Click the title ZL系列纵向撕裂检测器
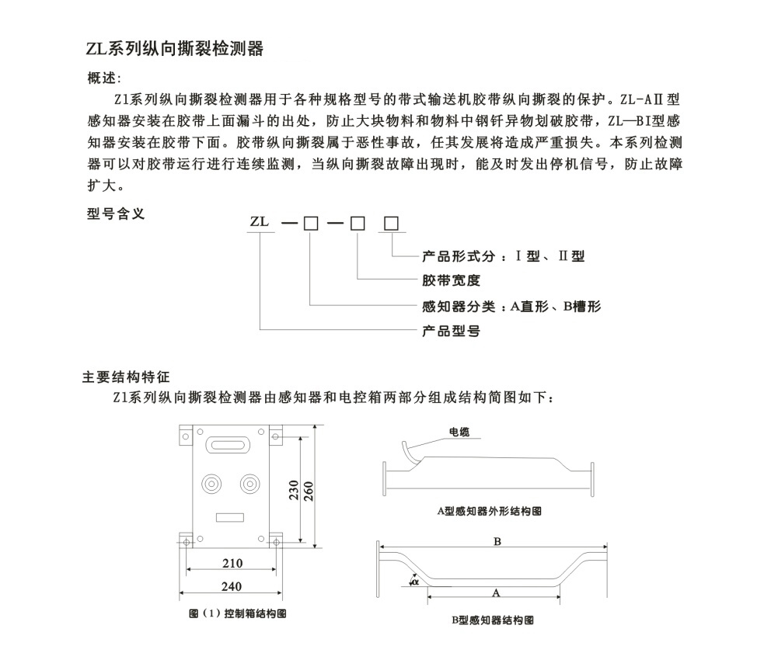174,50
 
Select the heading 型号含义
116,215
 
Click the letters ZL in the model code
260,222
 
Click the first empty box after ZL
310,224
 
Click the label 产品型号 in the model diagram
451,331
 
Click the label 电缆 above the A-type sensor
459,432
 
